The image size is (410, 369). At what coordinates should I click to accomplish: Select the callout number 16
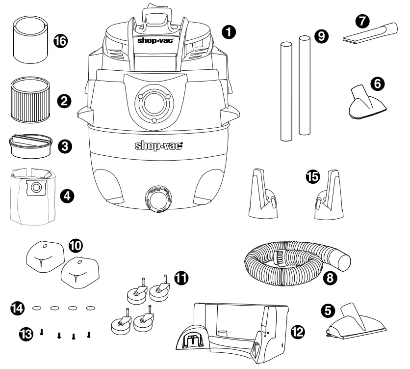pos(60,40)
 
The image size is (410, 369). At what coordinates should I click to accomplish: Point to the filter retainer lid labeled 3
pos(29,145)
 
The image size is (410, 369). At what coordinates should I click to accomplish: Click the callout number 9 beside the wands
pos(320,36)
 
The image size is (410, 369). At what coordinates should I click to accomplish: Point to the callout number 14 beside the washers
pos(18,309)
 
